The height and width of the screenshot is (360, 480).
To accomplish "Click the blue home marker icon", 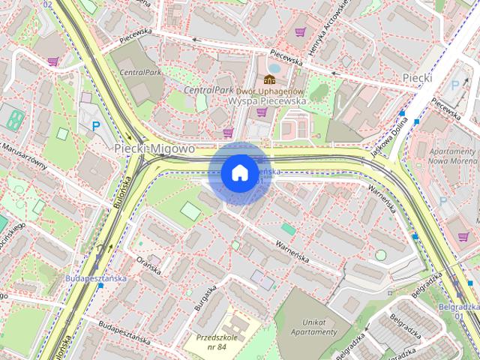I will tap(238, 173).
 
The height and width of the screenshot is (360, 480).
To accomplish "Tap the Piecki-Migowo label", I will tap(154, 149).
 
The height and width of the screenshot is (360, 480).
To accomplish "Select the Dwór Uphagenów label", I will tap(268, 91).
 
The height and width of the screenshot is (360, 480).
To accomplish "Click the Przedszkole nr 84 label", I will tap(216, 341).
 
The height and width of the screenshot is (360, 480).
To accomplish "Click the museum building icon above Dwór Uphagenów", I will tap(268, 80).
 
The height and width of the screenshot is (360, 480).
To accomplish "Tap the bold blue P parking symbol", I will tap(96, 128).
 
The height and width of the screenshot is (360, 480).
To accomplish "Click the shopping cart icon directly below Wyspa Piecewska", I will tap(262, 112).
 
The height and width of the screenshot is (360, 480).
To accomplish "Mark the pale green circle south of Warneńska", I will tap(380, 255).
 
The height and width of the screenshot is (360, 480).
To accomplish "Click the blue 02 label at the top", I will tap(48, 4).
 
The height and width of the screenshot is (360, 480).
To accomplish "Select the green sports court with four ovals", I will tap(15, 116).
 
